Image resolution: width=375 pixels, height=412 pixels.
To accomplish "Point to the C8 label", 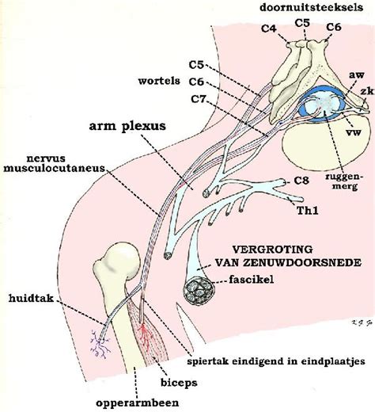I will pos(301,181).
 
